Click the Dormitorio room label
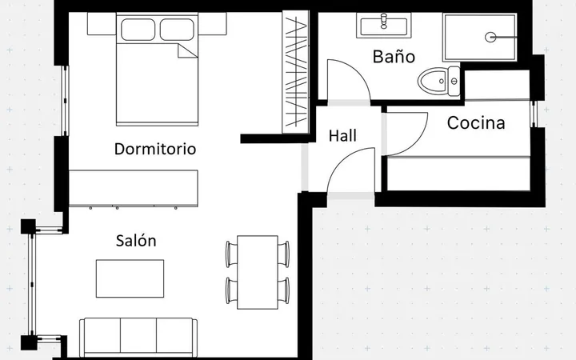155,149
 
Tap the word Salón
136,241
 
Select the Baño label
394,57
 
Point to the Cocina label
476,122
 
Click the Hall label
342,135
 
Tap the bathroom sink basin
384,26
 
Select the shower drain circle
490,37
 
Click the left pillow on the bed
138,30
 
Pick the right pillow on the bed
177,30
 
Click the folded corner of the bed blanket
187,50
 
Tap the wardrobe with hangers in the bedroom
295,72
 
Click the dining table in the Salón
258,272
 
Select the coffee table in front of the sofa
130,278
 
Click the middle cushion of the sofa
138,337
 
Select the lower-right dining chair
283,290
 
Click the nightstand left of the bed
102,24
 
